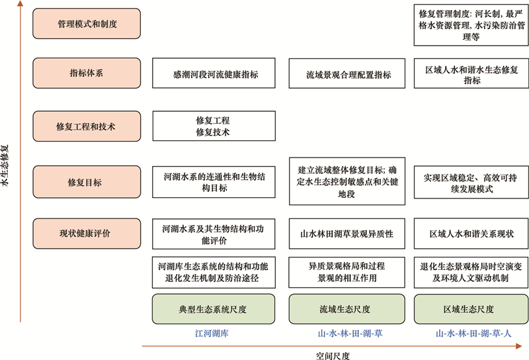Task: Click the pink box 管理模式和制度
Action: (x=87, y=24)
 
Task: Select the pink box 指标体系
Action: (x=87, y=73)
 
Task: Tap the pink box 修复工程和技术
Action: (x=87, y=126)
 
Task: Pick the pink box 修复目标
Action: (x=87, y=182)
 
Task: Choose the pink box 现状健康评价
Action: (x=87, y=234)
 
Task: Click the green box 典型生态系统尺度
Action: (x=214, y=309)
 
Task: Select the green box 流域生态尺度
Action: (x=346, y=309)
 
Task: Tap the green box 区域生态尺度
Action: (x=471, y=309)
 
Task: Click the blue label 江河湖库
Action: (x=212, y=334)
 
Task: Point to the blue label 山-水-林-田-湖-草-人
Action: (x=473, y=334)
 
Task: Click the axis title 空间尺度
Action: (x=333, y=355)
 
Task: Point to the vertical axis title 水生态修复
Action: (x=5, y=166)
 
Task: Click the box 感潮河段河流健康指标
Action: (x=214, y=73)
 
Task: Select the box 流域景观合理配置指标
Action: (x=346, y=73)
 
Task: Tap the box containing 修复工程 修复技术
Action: (x=214, y=126)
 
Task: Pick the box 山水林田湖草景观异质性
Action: (x=346, y=234)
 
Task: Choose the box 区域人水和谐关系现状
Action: (x=471, y=234)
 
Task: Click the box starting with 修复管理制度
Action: (x=471, y=24)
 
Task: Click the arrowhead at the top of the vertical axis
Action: (x=20, y=4)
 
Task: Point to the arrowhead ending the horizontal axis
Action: (x=519, y=346)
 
